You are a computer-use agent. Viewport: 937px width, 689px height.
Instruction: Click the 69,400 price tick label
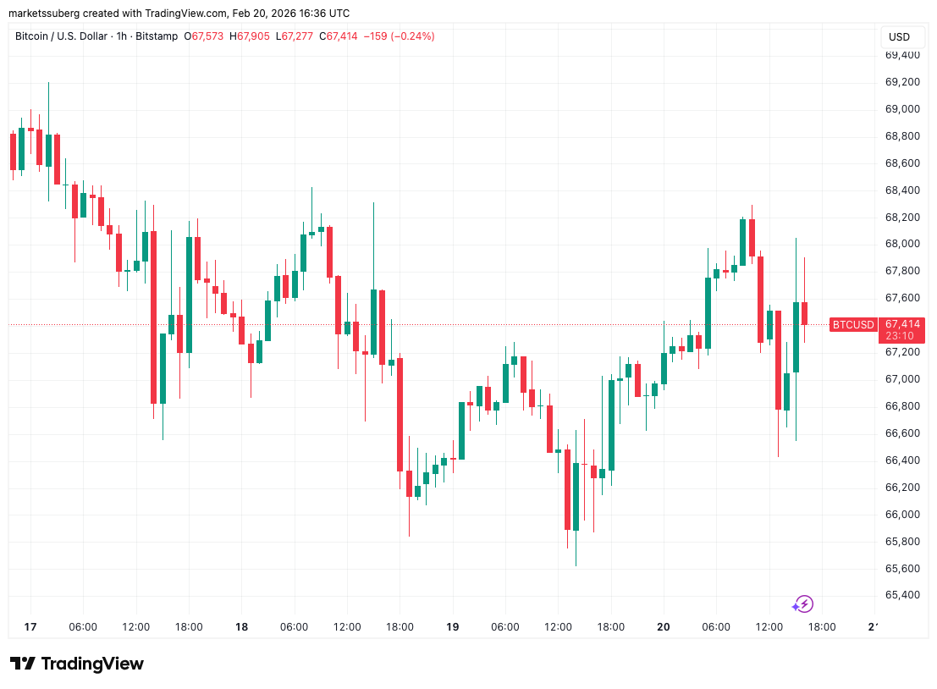click(902, 55)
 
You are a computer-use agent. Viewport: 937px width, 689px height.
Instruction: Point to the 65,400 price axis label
click(902, 595)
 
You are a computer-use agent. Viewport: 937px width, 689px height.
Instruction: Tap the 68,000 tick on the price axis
click(902, 244)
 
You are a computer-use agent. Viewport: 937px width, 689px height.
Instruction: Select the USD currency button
click(899, 37)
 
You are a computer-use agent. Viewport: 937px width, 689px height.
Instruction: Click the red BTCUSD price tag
click(852, 324)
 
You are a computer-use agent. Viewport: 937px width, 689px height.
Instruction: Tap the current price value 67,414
click(902, 324)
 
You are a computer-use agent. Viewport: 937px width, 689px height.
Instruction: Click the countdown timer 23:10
click(900, 336)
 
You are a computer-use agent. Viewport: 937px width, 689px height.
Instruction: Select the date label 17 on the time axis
click(30, 627)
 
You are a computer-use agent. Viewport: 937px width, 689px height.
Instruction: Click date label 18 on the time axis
click(241, 627)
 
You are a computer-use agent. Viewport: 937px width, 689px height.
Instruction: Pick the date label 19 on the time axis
click(452, 627)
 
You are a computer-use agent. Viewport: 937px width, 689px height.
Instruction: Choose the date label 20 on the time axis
click(663, 627)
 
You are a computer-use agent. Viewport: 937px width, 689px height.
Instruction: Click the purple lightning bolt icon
click(803, 604)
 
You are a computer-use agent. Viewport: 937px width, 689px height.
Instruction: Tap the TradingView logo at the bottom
click(77, 664)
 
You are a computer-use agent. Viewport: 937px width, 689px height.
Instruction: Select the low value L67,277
click(295, 36)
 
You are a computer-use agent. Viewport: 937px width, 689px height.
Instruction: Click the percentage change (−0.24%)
click(410, 36)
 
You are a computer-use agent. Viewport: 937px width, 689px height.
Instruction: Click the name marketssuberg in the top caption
click(42, 13)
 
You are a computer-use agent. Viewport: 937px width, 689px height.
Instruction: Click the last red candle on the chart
click(804, 313)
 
